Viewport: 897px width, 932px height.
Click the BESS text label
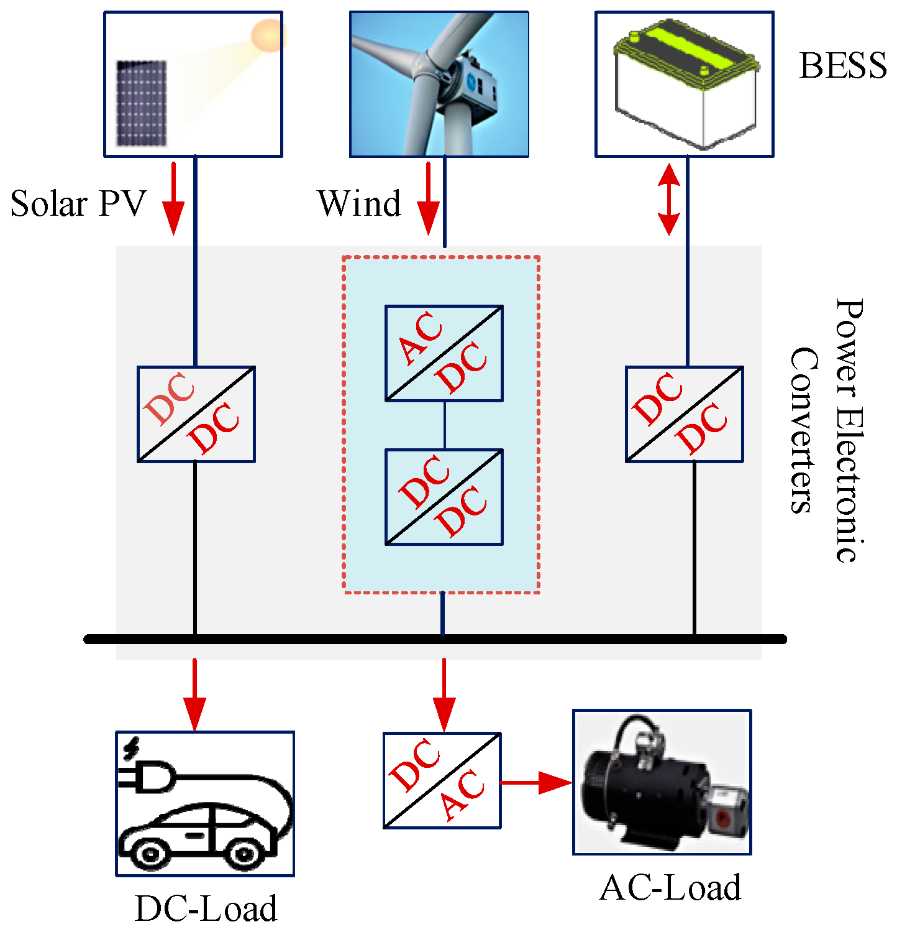pos(842,66)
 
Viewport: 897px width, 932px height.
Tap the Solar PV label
pos(78,204)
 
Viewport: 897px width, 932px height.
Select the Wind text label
pos(359,204)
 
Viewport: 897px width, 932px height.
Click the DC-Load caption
pos(206,909)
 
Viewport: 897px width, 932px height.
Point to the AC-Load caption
pos(670,888)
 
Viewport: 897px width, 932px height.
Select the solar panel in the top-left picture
pos(142,103)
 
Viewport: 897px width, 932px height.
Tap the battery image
pos(685,84)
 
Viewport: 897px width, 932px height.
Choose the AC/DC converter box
pos(444,353)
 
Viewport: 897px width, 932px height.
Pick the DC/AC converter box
pos(442,780)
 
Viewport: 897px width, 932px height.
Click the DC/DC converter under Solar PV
pos(196,414)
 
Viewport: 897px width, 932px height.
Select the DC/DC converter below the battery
pos(684,414)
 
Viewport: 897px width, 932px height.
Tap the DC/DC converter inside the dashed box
pos(444,497)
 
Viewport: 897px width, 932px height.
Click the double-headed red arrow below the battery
pos(669,199)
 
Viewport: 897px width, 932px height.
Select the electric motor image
pos(662,782)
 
